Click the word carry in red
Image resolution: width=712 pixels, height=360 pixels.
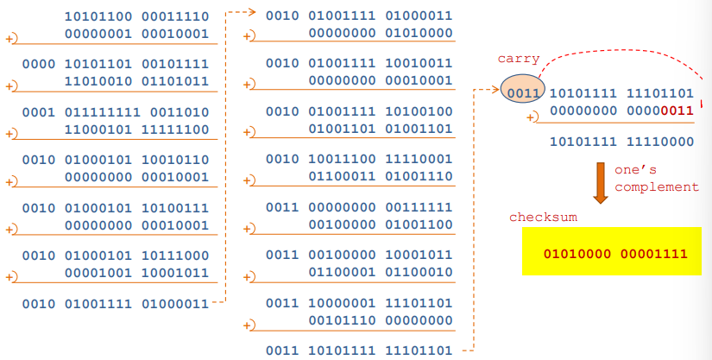pyautogui.click(x=519, y=59)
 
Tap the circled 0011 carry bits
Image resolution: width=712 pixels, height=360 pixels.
pyautogui.click(x=523, y=92)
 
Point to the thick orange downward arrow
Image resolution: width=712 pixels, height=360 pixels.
pyautogui.click(x=601, y=182)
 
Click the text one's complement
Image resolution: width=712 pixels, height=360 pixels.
pyautogui.click(x=656, y=178)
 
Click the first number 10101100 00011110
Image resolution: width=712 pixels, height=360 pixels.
pyautogui.click(x=136, y=16)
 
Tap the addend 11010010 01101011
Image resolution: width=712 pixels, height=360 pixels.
pyautogui.click(x=136, y=81)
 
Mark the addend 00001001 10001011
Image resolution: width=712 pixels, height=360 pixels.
pyautogui.click(x=136, y=272)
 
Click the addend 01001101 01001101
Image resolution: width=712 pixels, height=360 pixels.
pyautogui.click(x=381, y=129)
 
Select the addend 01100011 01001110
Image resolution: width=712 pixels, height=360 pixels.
pyautogui.click(x=381, y=176)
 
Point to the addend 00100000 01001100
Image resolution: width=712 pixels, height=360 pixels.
pyautogui.click(x=381, y=224)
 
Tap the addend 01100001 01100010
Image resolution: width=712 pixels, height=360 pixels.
pyautogui.click(x=381, y=272)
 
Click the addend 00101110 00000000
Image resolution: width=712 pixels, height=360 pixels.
pyautogui.click(x=381, y=319)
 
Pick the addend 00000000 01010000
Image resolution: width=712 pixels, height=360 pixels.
pyautogui.click(x=381, y=33)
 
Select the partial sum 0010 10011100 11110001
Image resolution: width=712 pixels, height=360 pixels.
pyautogui.click(x=359, y=160)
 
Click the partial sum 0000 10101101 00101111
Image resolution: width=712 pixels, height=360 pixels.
pyautogui.click(x=116, y=65)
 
